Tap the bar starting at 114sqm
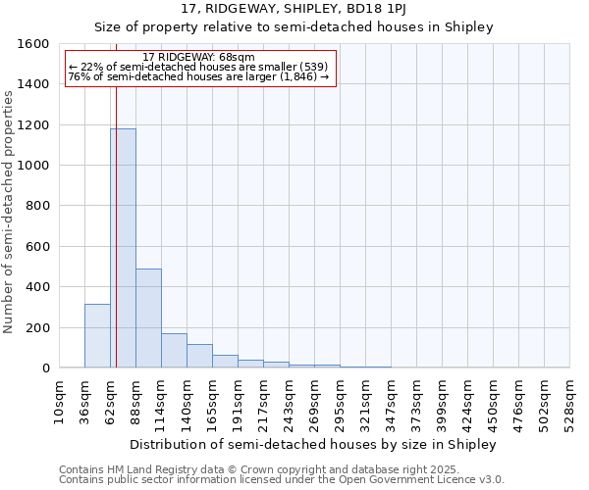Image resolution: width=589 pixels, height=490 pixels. point(174,351)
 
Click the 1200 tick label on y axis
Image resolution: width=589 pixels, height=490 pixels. point(33,125)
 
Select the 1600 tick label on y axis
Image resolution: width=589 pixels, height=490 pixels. point(33,44)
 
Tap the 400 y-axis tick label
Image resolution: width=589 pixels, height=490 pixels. point(37,287)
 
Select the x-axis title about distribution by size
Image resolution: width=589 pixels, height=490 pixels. point(313,444)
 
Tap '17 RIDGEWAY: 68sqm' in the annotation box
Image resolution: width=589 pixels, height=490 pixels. point(198,57)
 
